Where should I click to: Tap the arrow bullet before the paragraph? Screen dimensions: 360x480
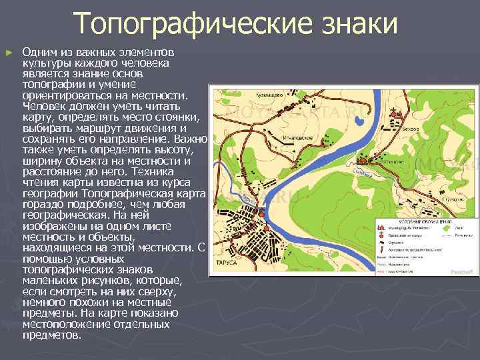point(9,51)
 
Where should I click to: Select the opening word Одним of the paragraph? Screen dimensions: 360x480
point(37,51)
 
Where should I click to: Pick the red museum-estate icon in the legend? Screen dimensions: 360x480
point(382,227)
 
